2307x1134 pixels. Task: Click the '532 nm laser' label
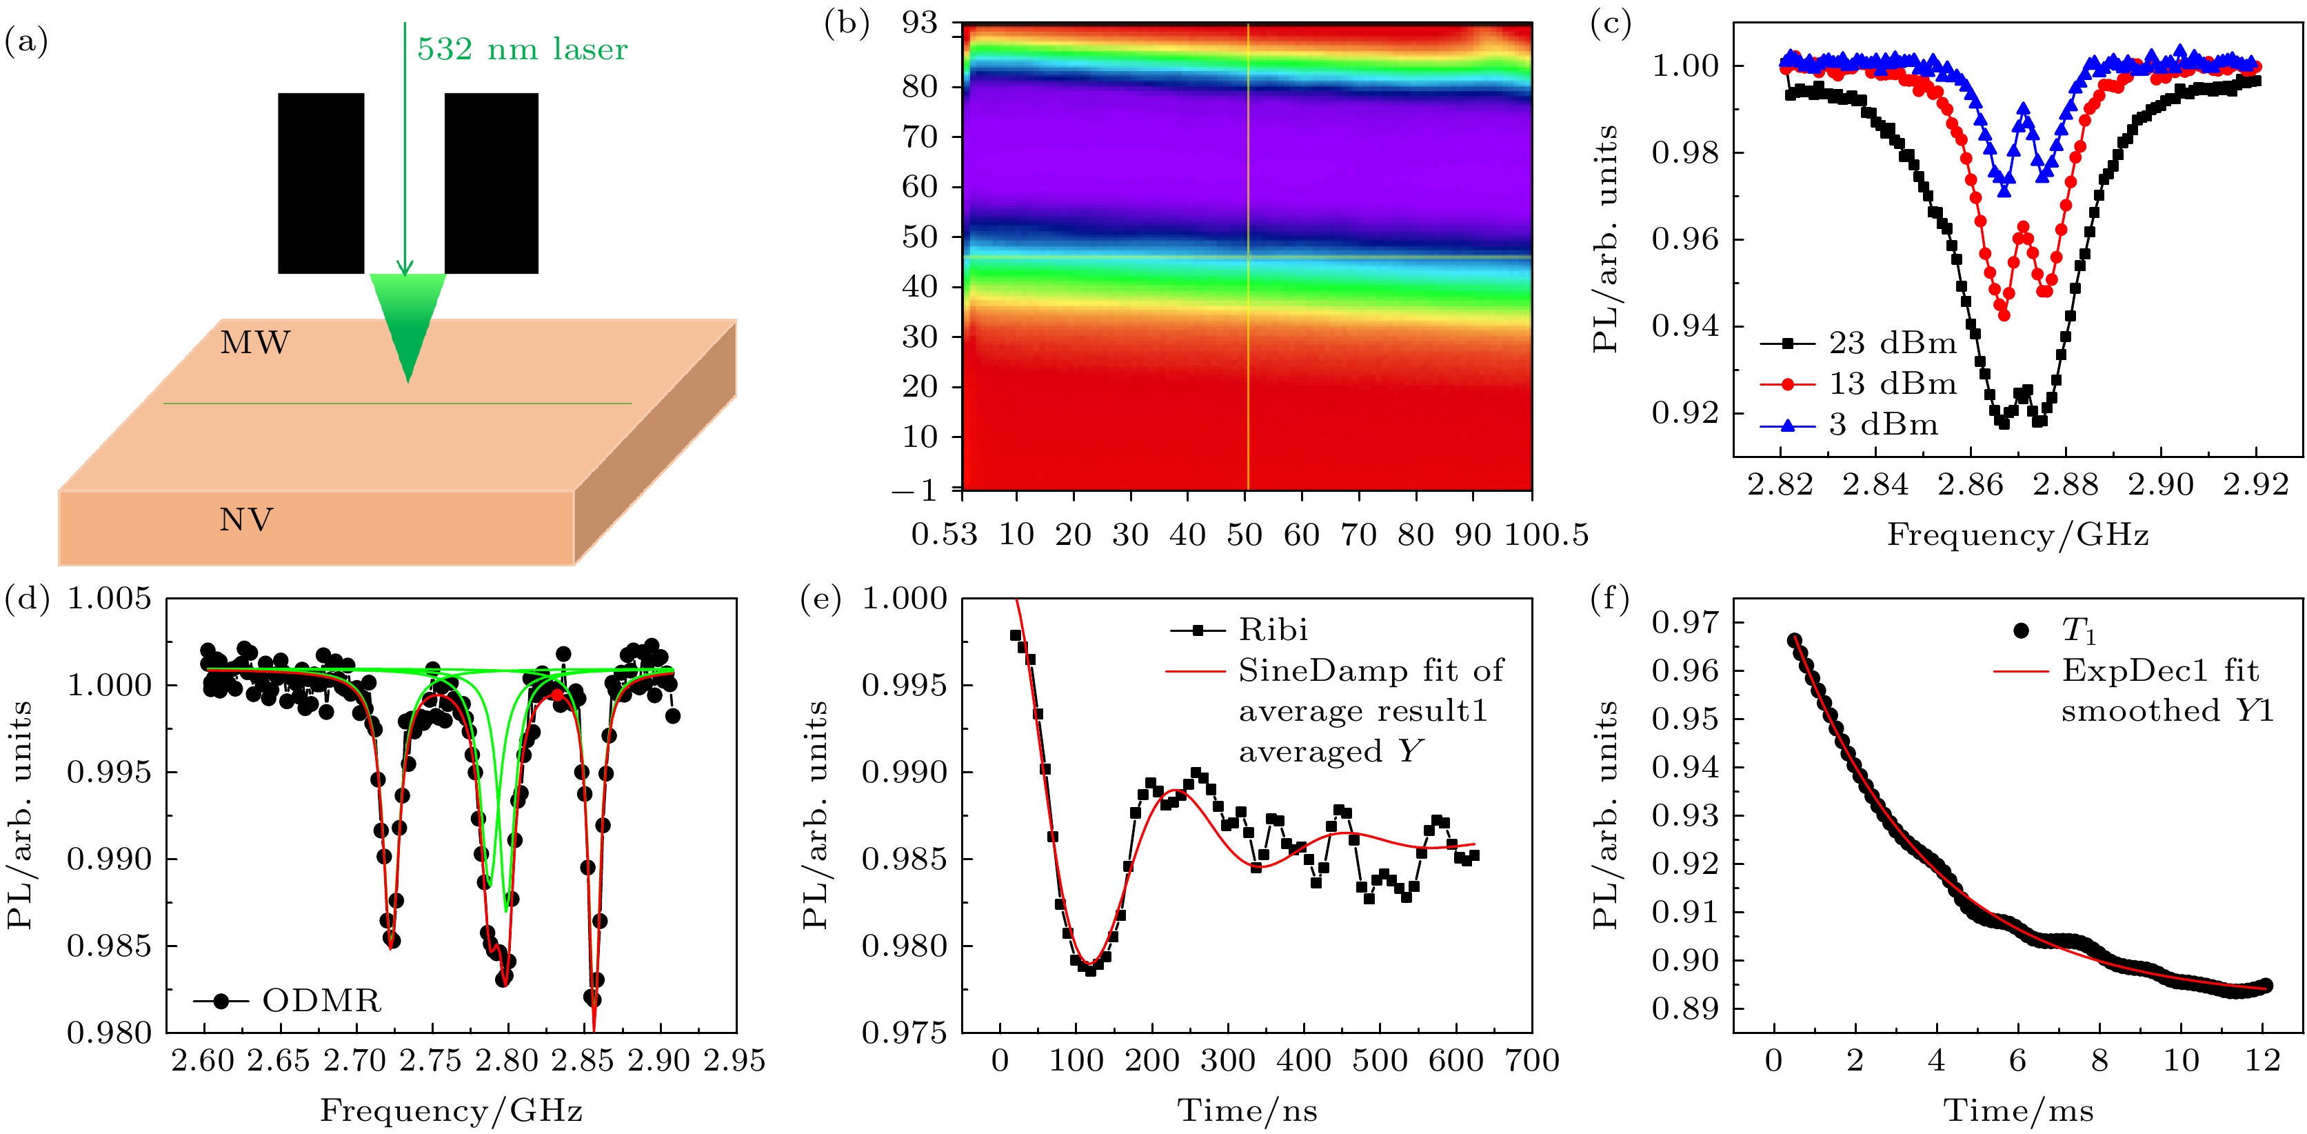point(522,49)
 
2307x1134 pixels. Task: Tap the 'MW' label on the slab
point(255,343)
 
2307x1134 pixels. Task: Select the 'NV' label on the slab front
point(246,519)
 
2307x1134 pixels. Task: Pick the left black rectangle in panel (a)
point(321,183)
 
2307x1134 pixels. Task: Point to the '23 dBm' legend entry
point(1891,343)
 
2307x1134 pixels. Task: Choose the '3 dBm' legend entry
point(1882,425)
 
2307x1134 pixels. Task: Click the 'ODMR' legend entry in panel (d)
point(321,1001)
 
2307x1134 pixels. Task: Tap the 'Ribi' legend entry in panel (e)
point(1273,630)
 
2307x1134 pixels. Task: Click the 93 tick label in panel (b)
point(919,23)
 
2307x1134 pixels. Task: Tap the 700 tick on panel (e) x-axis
point(1532,1062)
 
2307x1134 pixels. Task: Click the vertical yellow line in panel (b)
point(1247,269)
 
